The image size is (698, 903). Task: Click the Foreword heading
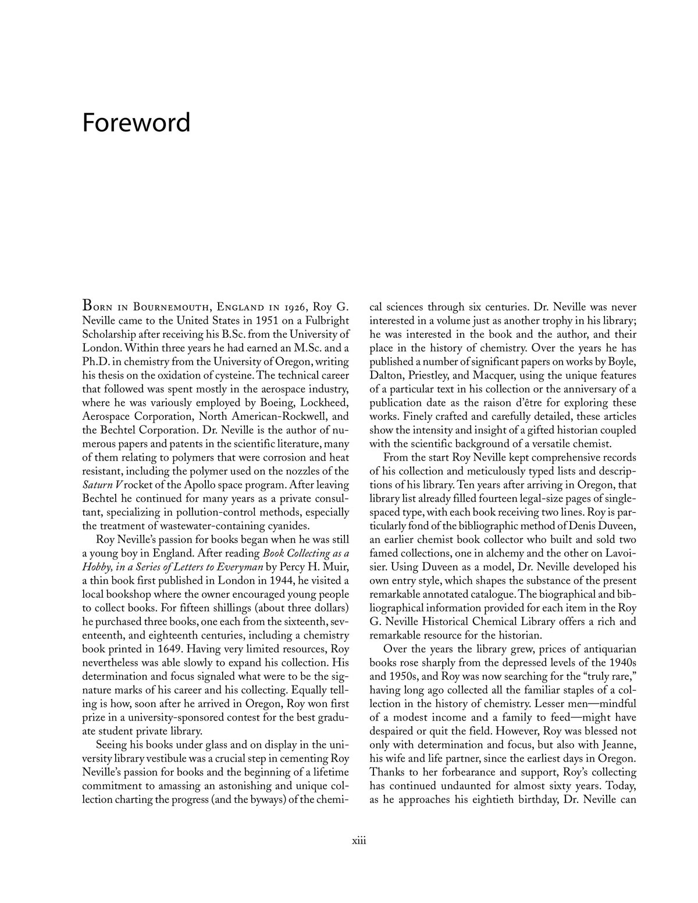136,123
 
